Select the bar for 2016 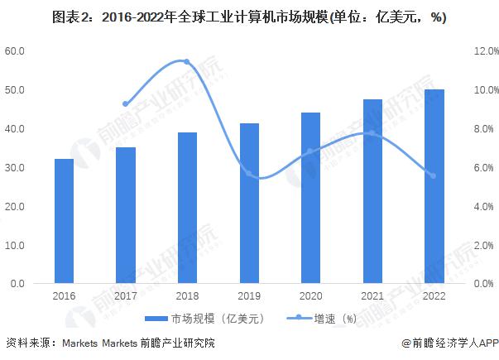point(64,221)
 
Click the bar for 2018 point(186,208)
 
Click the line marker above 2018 point(186,62)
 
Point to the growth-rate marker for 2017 point(126,104)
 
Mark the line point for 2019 point(248,173)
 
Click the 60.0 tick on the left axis point(17,51)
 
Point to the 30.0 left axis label point(17,168)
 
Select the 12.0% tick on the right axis point(482,51)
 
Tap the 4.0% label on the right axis point(482,207)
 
